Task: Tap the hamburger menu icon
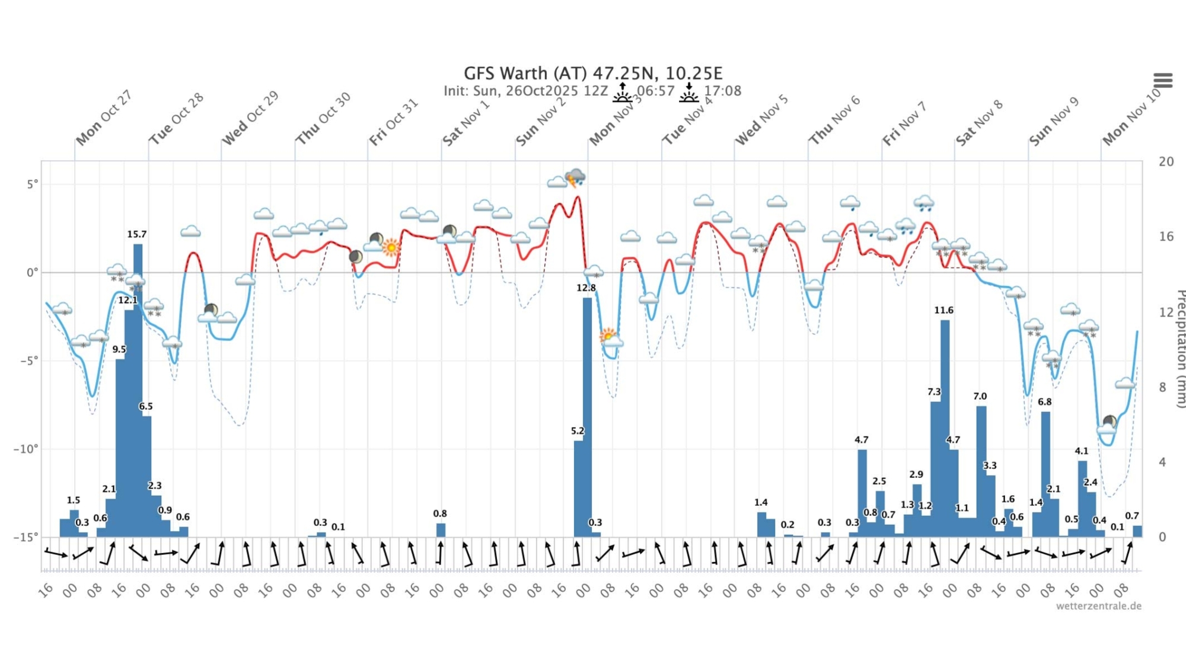pos(1163,80)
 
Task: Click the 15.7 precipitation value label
pos(136,234)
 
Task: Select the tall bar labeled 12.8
pos(587,415)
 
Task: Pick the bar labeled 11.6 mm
pos(945,427)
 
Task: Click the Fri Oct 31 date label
pos(394,122)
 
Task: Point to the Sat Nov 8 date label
pos(979,122)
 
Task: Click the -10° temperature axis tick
pos(25,449)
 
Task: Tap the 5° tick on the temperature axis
pos(32,184)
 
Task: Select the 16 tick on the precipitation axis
pos(1166,237)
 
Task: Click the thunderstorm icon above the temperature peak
pos(575,177)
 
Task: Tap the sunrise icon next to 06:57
pos(622,93)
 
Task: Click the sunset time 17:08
pos(722,91)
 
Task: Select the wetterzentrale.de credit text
pos(1098,606)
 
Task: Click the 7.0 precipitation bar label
pos(980,396)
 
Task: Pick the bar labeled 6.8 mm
pos(1045,474)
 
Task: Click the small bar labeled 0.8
pos(441,530)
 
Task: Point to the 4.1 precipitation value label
pos(1081,451)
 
